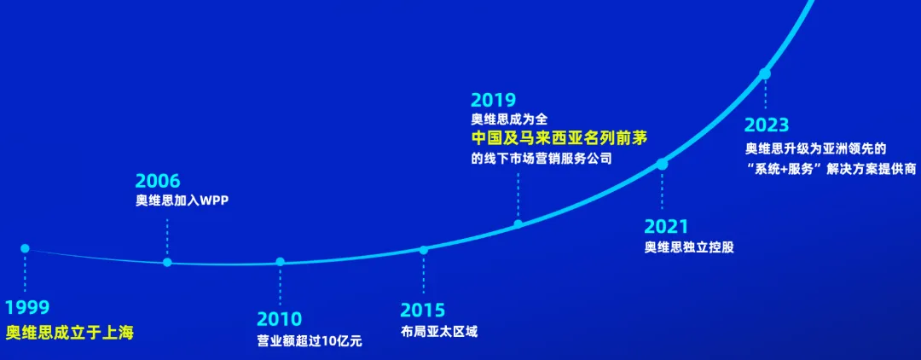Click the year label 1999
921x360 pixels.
27,308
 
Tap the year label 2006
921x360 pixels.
158,181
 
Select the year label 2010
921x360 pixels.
280,320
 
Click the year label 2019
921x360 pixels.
493,101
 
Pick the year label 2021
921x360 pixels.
666,227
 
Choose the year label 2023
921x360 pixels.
767,125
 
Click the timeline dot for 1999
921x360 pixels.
25,248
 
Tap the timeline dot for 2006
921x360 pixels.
167,262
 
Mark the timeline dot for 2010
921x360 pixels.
280,262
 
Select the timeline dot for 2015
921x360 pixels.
423,250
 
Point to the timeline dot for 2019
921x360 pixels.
518,224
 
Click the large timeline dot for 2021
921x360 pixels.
662,164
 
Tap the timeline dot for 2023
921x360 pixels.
765,74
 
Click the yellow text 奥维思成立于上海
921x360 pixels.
70,333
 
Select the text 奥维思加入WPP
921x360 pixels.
182,201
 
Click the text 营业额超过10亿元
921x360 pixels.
310,341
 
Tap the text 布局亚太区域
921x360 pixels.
439,331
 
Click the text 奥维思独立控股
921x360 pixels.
689,247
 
